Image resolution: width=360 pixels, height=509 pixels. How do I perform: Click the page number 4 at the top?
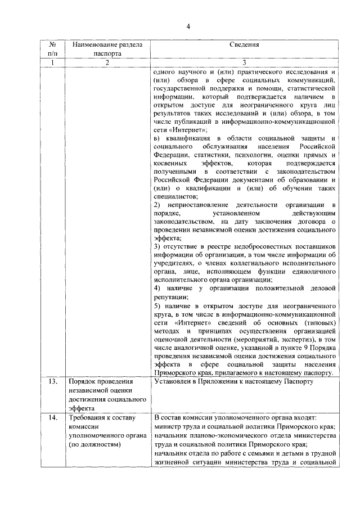(x=189, y=27)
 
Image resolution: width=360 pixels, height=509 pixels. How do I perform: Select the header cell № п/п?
(x=52, y=49)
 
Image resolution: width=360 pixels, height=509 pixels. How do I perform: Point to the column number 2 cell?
(x=106, y=62)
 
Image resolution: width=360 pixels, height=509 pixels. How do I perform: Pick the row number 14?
(x=52, y=418)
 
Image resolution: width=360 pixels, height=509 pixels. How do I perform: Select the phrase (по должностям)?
(x=94, y=444)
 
